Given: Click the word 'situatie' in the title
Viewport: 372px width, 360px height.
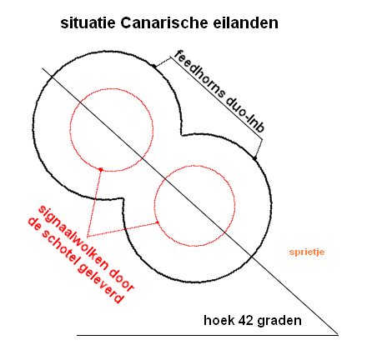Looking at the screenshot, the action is [88, 22].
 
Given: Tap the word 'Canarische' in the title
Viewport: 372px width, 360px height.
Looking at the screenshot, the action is [164, 22].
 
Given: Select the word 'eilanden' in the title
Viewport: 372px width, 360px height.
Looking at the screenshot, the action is [246, 22].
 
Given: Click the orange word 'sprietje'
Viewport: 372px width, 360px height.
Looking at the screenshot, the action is [307, 252].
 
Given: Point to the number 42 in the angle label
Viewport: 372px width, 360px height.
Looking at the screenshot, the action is [245, 320].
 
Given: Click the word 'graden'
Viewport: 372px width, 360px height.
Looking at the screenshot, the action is [279, 321].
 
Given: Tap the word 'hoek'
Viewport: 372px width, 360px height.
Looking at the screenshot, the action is [219, 320].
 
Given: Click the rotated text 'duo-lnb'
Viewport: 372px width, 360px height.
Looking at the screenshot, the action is [245, 116].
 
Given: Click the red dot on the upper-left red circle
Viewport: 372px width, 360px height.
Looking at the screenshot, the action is [101, 169].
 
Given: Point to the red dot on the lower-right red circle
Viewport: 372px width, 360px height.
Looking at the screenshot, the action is [157, 222].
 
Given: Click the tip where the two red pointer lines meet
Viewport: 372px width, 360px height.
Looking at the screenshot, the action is [88, 237].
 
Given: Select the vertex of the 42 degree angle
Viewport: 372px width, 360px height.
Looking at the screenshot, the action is [338, 335].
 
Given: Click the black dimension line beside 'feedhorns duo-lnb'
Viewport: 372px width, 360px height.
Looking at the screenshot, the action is [216, 98].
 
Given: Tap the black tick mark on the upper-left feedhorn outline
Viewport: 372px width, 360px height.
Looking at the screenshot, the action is [153, 66].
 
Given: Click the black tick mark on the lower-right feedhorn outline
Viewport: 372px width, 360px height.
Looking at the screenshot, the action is [254, 158].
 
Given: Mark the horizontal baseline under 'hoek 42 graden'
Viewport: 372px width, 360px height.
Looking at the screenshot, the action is [208, 335].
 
